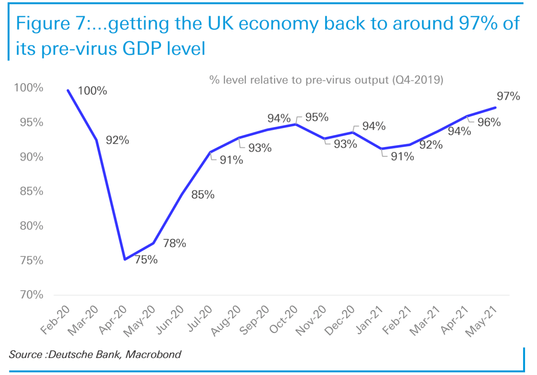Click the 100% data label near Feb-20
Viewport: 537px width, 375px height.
92,91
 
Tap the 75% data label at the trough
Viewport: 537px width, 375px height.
146,259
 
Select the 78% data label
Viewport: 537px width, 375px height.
174,243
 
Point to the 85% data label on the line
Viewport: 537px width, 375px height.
203,195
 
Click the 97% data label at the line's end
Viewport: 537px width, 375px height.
508,96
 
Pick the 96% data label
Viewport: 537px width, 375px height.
489,122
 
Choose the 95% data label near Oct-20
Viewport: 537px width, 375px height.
316,117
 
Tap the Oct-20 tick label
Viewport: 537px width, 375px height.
283,319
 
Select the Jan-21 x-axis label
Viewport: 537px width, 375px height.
369,319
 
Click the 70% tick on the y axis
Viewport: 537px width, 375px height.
31,295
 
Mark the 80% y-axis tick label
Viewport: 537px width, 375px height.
31,226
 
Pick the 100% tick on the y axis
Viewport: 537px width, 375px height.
29,88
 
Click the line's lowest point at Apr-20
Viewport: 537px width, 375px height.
125,259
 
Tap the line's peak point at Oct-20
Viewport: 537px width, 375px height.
296,124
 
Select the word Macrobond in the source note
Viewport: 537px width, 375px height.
153,354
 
